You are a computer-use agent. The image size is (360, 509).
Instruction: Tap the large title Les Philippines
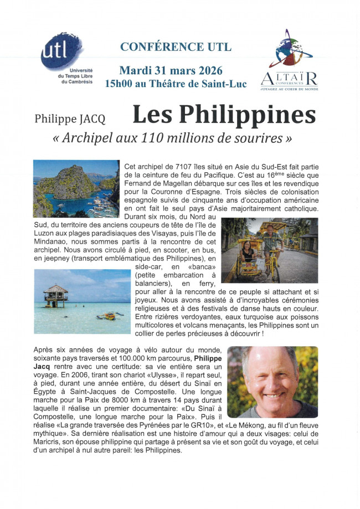(x=224, y=114)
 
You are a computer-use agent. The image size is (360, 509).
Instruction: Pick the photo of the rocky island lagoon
(x=76, y=188)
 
